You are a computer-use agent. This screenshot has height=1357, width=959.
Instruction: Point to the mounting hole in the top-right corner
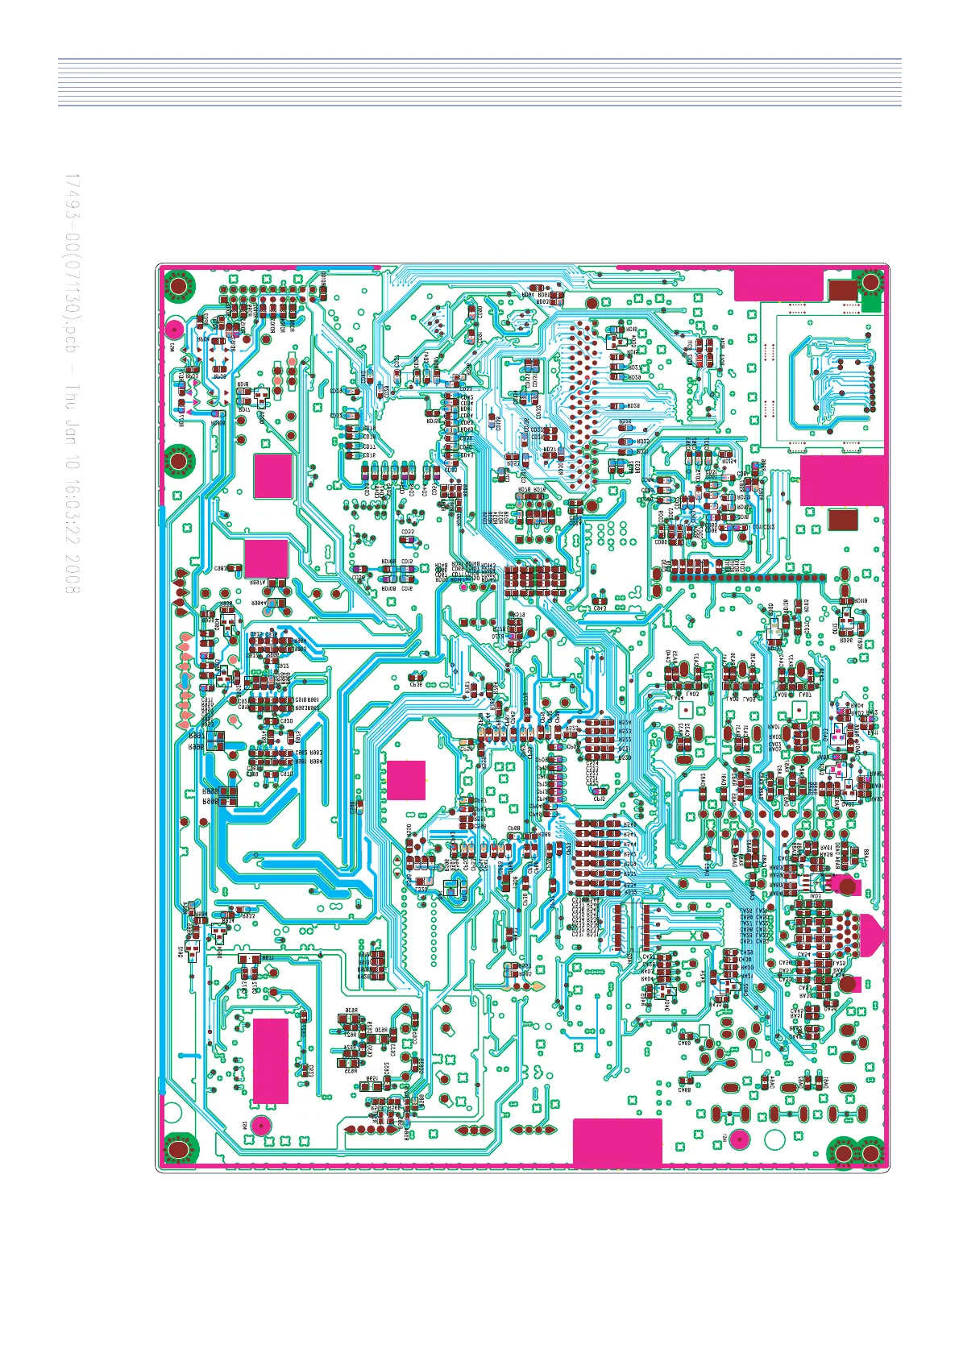click(871, 282)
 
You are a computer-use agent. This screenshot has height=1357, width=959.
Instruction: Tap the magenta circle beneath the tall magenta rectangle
click(260, 1125)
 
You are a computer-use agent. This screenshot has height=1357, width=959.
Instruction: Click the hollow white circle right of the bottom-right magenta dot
click(774, 1140)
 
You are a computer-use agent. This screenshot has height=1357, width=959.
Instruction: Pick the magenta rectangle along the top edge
click(778, 285)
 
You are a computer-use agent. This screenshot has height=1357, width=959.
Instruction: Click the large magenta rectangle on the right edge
click(843, 480)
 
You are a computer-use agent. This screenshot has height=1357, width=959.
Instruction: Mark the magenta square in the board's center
click(406, 779)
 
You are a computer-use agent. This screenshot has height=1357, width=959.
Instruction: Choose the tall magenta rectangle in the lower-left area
click(271, 1060)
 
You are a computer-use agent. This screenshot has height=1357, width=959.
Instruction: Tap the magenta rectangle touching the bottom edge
click(617, 1142)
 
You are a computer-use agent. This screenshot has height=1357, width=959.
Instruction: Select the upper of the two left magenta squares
click(273, 476)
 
